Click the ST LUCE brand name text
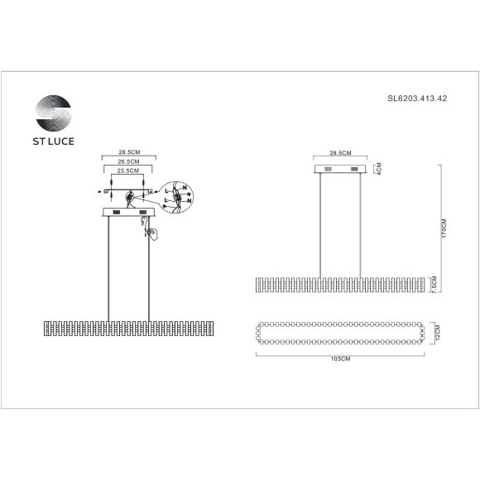[x=54, y=142]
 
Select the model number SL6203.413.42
[x=417, y=98]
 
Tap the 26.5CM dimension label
[x=127, y=163]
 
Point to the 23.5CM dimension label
[x=127, y=172]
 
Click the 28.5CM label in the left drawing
[x=127, y=154]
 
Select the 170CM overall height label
[x=444, y=229]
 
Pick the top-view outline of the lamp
[x=340, y=334]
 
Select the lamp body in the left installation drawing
[x=128, y=326]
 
